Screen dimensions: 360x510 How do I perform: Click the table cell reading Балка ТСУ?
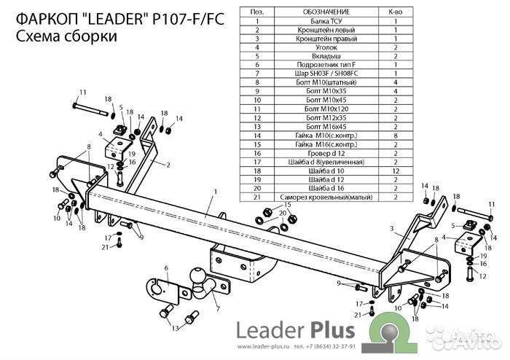315,21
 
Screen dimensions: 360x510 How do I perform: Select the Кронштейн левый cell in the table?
315,30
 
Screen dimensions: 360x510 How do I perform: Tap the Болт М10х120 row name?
315,108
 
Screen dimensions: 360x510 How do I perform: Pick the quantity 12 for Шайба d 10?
395,169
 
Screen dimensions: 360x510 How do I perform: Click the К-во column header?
395,12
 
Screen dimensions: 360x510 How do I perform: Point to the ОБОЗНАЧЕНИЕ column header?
315,12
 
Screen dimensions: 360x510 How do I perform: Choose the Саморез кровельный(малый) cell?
315,197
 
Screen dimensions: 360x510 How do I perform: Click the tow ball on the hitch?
199,275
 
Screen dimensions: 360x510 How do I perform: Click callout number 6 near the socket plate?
166,267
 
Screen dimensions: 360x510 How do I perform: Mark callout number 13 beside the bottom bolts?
175,329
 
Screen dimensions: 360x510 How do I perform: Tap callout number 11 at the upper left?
83,92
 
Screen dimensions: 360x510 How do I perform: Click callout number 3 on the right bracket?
391,229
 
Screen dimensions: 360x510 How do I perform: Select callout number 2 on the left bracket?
168,165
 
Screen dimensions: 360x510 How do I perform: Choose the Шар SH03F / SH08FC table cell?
315,74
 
